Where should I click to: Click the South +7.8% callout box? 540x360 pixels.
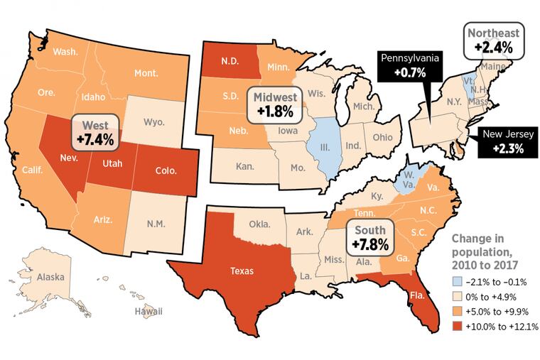coord(371,237)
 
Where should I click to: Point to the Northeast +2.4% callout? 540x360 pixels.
coord(492,42)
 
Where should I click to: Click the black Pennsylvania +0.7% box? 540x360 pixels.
coord(411,65)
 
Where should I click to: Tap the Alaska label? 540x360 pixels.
coord(50,278)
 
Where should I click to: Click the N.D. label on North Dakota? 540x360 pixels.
coord(228,61)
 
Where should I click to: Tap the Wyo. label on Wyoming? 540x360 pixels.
coord(153,122)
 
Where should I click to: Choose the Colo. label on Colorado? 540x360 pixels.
coord(167,170)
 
